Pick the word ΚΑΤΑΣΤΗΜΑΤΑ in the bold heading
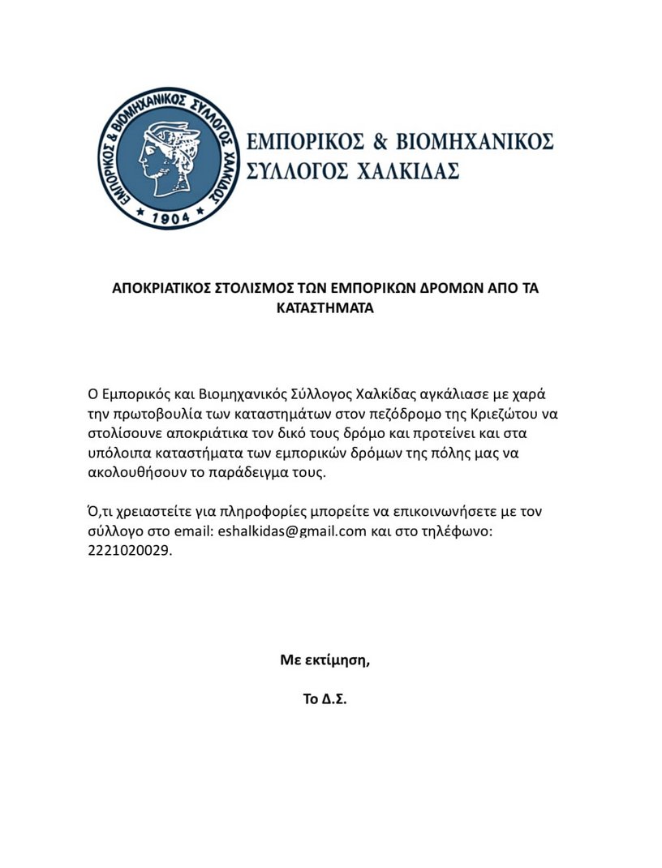325,308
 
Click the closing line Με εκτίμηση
325,660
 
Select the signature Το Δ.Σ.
325,698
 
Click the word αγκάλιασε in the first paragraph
450,394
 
